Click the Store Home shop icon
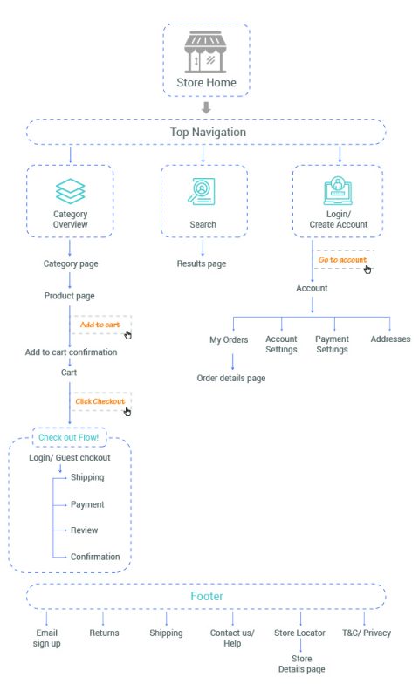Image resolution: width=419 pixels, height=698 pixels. click(x=205, y=51)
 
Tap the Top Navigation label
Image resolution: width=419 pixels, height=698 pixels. click(x=208, y=133)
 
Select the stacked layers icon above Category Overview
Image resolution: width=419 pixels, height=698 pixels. click(x=71, y=191)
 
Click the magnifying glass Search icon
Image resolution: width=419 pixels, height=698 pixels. click(x=202, y=191)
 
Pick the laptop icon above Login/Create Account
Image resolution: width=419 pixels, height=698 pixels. click(x=338, y=191)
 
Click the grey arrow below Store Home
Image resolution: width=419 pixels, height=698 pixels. click(x=206, y=107)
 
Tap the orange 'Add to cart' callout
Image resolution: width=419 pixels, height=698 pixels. click(x=100, y=325)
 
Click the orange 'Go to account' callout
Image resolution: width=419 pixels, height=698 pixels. click(x=342, y=259)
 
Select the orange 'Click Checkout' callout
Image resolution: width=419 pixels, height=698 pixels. click(x=100, y=401)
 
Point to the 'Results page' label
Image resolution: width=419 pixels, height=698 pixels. click(x=202, y=263)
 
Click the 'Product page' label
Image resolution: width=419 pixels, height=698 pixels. click(x=70, y=296)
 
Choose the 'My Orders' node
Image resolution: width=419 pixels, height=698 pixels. click(x=229, y=339)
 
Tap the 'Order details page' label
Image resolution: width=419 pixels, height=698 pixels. click(x=231, y=378)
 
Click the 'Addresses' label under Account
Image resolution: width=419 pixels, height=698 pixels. click(x=390, y=339)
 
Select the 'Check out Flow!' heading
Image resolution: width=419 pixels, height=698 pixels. click(x=69, y=437)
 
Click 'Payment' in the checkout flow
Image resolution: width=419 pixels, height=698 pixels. click(x=87, y=504)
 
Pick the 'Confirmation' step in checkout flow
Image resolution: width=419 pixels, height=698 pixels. click(x=95, y=557)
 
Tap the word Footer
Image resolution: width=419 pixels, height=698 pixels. click(x=207, y=596)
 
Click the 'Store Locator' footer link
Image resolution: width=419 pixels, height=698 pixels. click(x=299, y=633)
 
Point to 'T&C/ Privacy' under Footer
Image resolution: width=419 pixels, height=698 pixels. click(x=367, y=633)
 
